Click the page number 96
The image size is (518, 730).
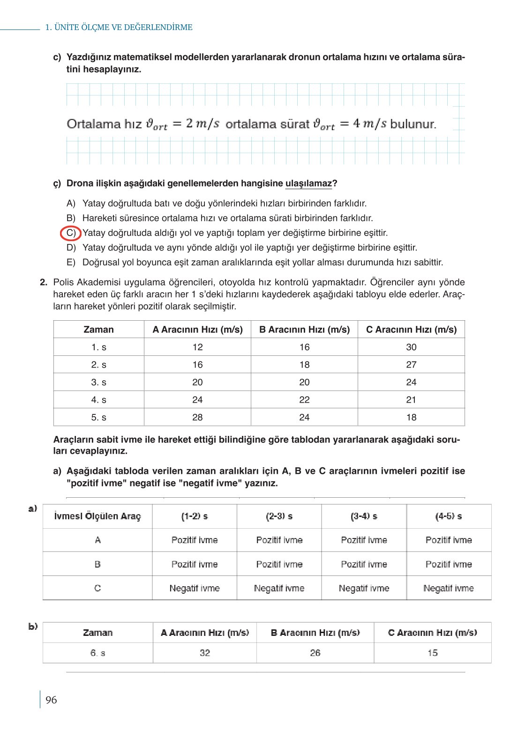click(51, 700)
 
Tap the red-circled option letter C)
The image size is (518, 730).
click(71, 233)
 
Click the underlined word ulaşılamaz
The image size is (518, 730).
click(308, 183)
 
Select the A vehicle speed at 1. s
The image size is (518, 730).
click(197, 347)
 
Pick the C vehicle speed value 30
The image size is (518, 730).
click(411, 347)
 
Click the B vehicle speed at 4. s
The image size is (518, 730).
click(304, 399)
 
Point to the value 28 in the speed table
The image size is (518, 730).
click(197, 417)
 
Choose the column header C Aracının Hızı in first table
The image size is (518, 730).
click(411, 329)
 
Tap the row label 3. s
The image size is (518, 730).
click(98, 382)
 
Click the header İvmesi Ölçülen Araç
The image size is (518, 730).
click(98, 516)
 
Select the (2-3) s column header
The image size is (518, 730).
click(279, 516)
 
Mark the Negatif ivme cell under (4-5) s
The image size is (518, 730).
click(449, 588)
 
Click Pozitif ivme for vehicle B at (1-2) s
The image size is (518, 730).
click(195, 564)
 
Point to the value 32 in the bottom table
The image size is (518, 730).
click(205, 653)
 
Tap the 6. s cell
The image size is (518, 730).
click(98, 653)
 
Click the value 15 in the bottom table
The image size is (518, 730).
click(432, 653)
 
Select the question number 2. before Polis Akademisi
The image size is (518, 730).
click(44, 282)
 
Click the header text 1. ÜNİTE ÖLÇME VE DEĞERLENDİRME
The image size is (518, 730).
click(119, 27)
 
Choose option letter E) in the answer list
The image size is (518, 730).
click(71, 262)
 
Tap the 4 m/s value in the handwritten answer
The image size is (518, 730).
click(370, 124)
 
